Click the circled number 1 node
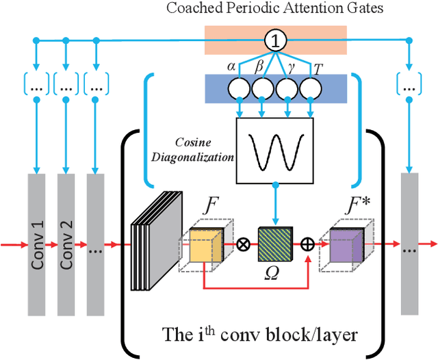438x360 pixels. point(276,41)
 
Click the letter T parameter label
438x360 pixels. point(317,68)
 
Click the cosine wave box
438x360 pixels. point(274,149)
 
